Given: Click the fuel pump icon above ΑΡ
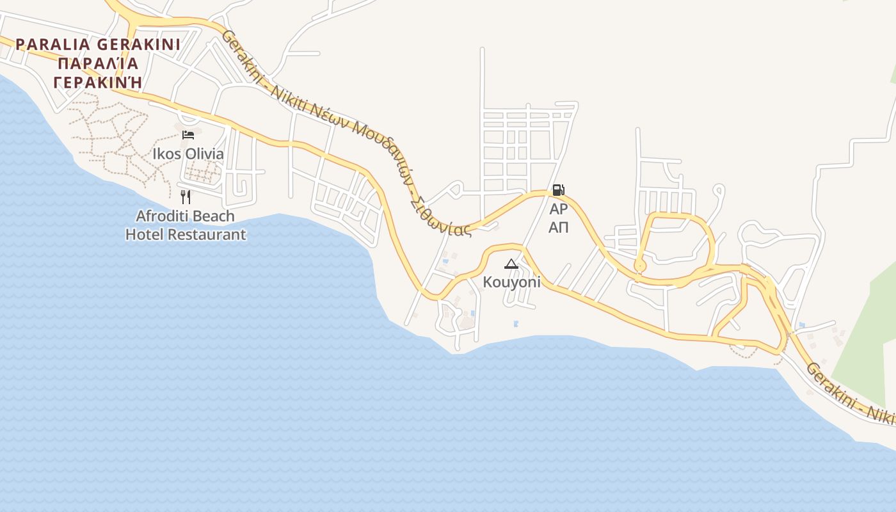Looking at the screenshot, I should point(558,190).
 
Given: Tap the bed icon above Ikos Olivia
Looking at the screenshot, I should point(188,134).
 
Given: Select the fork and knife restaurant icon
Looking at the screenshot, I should point(186,196).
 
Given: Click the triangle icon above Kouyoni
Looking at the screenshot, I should point(511,264).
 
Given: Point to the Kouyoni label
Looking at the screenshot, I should point(511,282).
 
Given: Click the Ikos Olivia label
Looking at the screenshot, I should point(188,154).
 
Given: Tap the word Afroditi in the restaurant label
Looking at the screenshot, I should point(159,216).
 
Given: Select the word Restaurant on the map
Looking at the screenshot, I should point(207,235).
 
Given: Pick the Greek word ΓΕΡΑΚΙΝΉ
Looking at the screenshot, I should point(97,83).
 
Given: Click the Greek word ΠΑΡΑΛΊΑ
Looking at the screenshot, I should point(97,64).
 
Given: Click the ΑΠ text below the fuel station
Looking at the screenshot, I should point(558,228).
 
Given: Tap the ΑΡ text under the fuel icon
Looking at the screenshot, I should point(558,209).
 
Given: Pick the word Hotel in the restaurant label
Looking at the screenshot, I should point(145,235).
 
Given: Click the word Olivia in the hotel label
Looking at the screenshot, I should point(204,154).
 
